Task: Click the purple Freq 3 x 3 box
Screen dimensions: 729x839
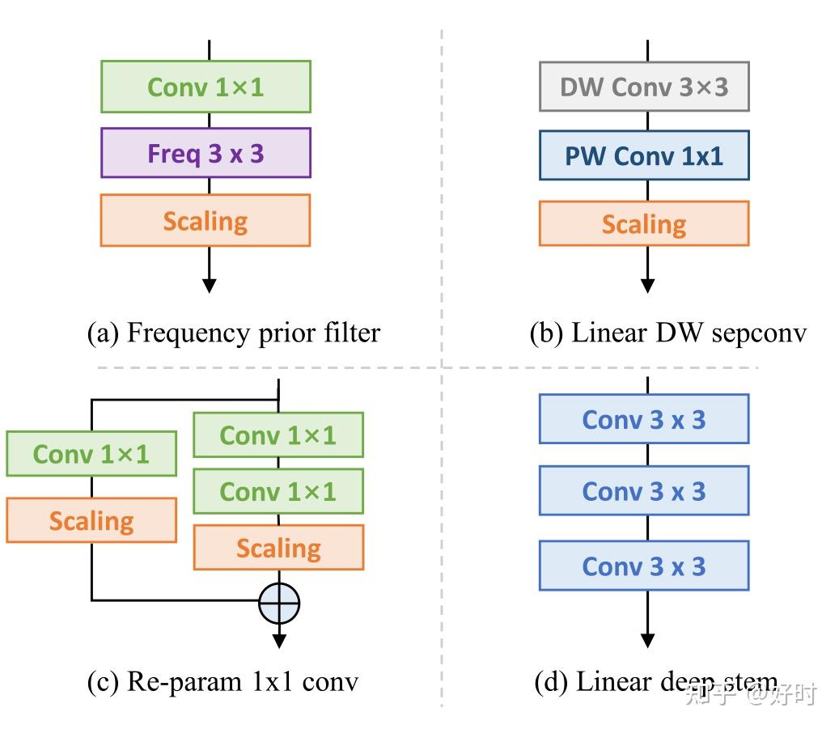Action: click(206, 153)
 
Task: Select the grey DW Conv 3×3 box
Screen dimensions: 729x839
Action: click(644, 86)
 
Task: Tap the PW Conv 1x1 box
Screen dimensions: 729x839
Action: click(644, 155)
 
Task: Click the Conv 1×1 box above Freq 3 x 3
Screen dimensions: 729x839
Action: click(206, 87)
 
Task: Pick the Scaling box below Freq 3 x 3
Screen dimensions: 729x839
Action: click(206, 220)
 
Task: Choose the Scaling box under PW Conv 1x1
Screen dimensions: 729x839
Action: click(644, 223)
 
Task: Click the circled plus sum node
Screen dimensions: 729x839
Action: click(279, 603)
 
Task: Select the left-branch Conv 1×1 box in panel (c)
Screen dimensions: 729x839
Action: click(91, 454)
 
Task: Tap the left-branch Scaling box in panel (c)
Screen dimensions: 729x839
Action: click(91, 520)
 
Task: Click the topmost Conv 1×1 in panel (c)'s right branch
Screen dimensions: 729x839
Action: click(278, 435)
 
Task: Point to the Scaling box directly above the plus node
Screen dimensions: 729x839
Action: click(278, 548)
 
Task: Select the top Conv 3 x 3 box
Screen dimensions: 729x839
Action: click(644, 419)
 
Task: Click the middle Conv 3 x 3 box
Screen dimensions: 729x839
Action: click(644, 491)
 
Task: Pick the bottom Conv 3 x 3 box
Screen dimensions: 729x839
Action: click(644, 566)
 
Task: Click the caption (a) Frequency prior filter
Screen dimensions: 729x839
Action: click(233, 333)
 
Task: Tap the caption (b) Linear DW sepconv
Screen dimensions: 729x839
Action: click(667, 333)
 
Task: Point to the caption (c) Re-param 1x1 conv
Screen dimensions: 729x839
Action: click(222, 682)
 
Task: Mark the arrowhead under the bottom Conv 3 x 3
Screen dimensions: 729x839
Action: click(647, 640)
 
